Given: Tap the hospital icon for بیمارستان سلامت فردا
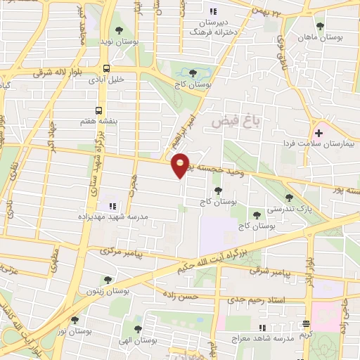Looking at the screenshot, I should pos(319,131).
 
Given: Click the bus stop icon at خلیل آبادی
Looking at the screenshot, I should pos(106,68).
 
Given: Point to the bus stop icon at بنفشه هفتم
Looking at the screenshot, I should pos(98,110).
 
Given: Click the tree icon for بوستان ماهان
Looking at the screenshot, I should pos(320,26).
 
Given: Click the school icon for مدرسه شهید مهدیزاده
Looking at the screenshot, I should pos(111,206).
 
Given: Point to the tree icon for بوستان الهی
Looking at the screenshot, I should pos(138,328).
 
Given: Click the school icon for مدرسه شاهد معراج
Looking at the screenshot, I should pos(305,323).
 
